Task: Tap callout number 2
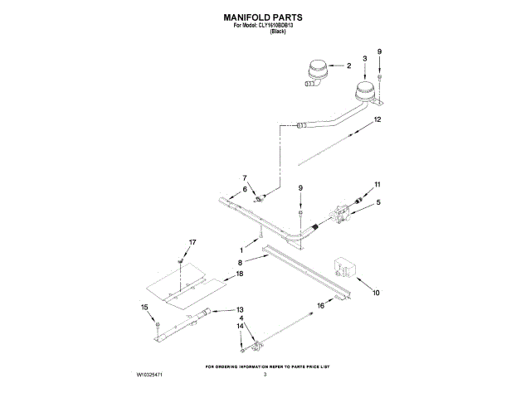349,66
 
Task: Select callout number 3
364,58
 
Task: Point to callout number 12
378,119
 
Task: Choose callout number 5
378,202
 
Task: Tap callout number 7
245,177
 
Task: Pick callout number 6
245,190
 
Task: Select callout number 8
241,262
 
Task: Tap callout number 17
192,242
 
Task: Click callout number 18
240,273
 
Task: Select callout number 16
321,305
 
